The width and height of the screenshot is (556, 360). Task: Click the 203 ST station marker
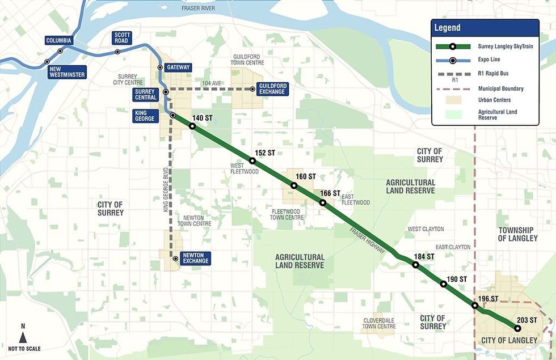pyautogui.click(x=517, y=328)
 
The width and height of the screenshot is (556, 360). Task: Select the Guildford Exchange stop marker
pyautogui.click(x=252, y=89)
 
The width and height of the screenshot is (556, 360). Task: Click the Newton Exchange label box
pyautogui.click(x=195, y=258)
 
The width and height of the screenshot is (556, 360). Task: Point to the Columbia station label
pyautogui.click(x=59, y=41)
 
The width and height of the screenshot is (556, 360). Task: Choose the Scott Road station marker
pyautogui.click(x=118, y=52)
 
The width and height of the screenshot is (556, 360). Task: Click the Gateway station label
pyautogui.click(x=178, y=67)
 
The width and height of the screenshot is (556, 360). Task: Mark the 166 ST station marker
pyautogui.click(x=323, y=203)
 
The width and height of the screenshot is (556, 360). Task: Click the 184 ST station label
pyautogui.click(x=424, y=257)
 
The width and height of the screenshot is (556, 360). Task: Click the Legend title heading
pyautogui.click(x=448, y=28)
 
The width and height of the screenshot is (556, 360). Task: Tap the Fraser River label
pyautogui.click(x=199, y=9)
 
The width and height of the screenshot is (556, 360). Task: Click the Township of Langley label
pyautogui.click(x=517, y=234)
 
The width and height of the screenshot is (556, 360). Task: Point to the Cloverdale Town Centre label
pyautogui.click(x=379, y=323)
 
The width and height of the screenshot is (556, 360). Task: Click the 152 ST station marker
pyautogui.click(x=252, y=161)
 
